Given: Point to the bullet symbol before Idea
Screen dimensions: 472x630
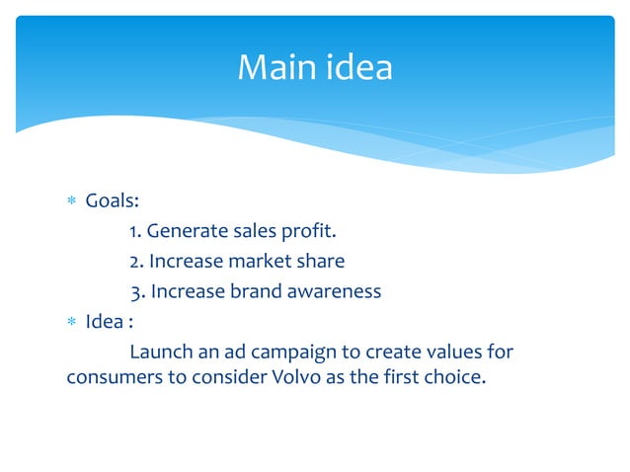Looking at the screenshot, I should coord(70,321).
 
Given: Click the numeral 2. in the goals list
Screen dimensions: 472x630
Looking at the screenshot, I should coord(137,262).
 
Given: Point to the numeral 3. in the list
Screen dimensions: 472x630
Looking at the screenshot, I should coord(138,291).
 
